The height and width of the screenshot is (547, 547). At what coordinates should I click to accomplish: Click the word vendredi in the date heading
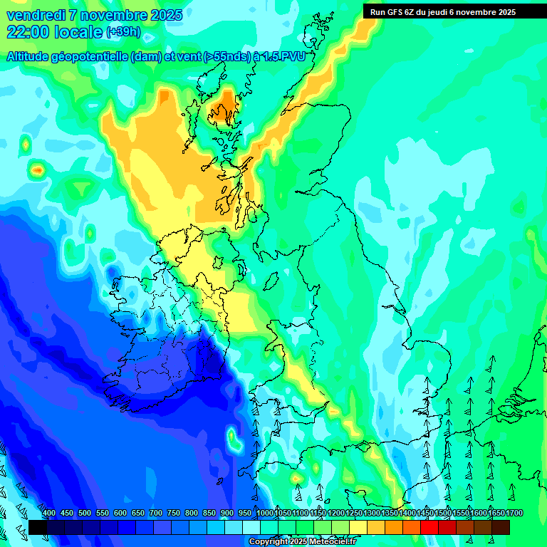click(x=36, y=15)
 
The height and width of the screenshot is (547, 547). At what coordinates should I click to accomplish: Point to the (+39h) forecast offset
click(x=123, y=32)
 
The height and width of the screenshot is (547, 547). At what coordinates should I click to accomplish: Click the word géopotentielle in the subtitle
click(x=90, y=57)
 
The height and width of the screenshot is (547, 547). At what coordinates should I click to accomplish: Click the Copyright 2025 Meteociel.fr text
click(x=303, y=542)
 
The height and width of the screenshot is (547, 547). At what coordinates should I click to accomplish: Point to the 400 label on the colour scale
click(x=48, y=514)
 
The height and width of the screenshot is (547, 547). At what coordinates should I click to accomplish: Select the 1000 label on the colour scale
click(x=264, y=514)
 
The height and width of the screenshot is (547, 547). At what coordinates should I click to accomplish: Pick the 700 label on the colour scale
click(x=155, y=514)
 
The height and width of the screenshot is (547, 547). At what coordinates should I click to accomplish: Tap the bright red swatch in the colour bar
click(x=429, y=527)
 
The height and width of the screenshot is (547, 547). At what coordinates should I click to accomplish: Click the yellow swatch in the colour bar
click(x=358, y=527)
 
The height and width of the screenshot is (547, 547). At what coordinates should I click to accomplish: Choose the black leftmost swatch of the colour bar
click(x=38, y=527)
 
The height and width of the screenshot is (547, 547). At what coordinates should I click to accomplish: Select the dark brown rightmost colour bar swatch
click(x=501, y=527)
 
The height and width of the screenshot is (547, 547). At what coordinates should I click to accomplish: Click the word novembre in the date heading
click(x=113, y=15)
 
